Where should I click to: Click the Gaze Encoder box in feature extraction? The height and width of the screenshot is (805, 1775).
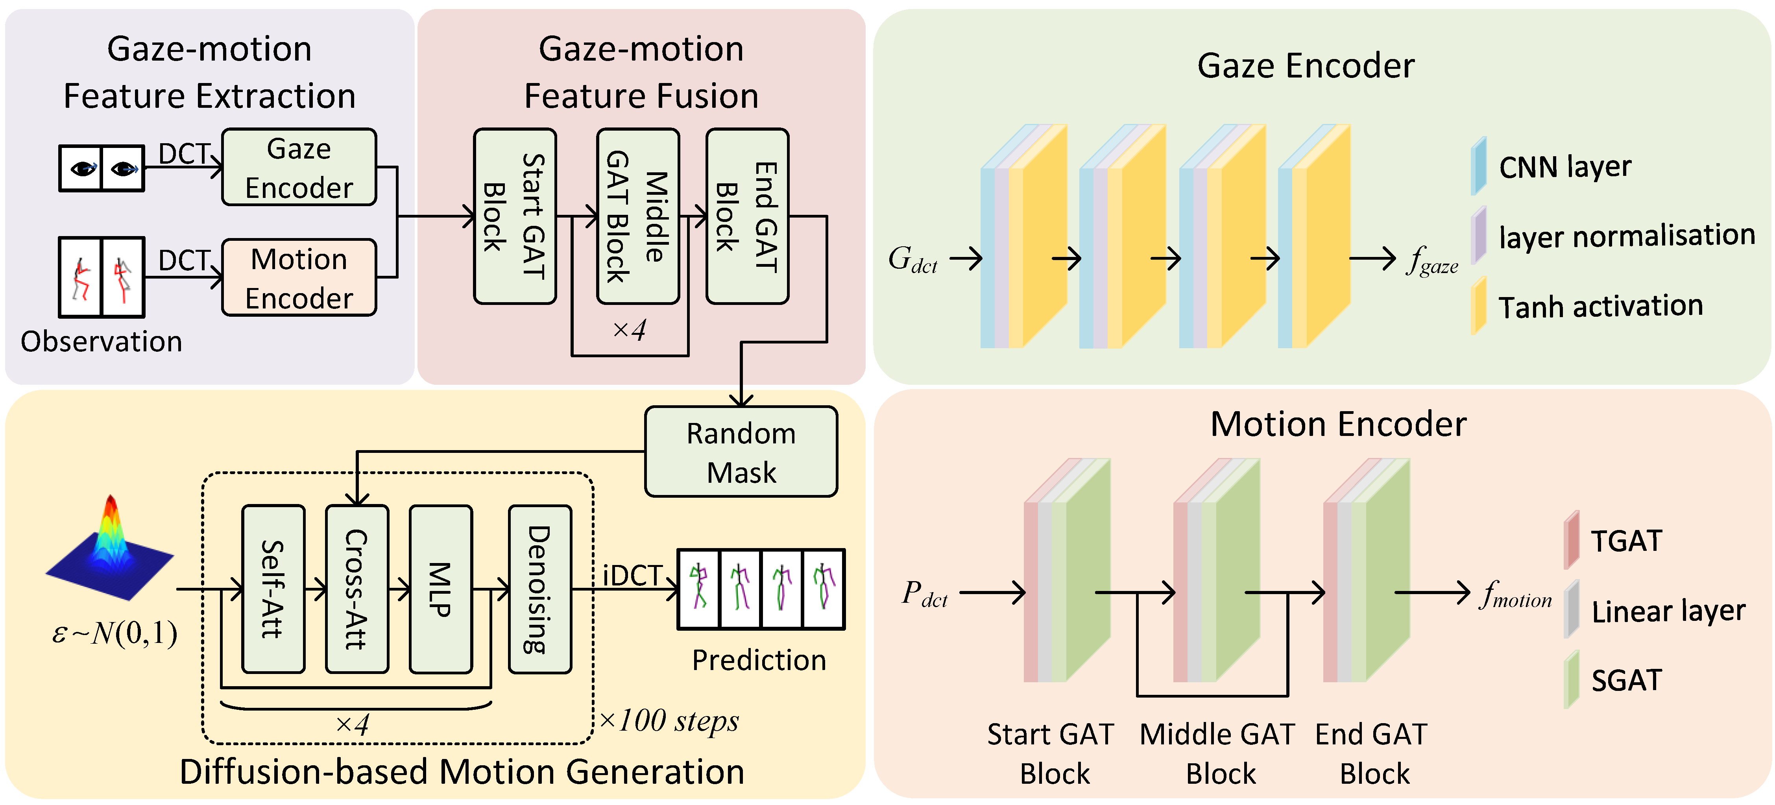pos(299,167)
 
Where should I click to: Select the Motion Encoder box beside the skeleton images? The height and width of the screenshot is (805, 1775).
pos(299,277)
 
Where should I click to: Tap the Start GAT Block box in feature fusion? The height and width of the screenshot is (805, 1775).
pos(515,216)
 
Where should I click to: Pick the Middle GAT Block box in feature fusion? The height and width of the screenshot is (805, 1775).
pos(638,216)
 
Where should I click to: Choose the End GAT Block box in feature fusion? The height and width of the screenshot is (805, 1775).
pos(748,216)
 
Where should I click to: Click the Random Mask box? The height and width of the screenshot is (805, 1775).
pos(741,451)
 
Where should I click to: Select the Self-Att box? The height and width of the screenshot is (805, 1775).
pos(273,589)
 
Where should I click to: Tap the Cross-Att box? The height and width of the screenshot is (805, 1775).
pos(357,589)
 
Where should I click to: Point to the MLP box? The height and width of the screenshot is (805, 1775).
pos(441,589)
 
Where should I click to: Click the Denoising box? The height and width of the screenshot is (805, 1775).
pos(540,589)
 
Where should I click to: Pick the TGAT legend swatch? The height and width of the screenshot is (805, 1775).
pos(1572,540)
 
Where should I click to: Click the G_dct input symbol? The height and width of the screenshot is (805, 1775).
pos(913,260)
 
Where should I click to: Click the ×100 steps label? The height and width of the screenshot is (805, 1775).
pos(669,721)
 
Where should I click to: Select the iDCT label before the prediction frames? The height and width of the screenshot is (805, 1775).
pos(633,576)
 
